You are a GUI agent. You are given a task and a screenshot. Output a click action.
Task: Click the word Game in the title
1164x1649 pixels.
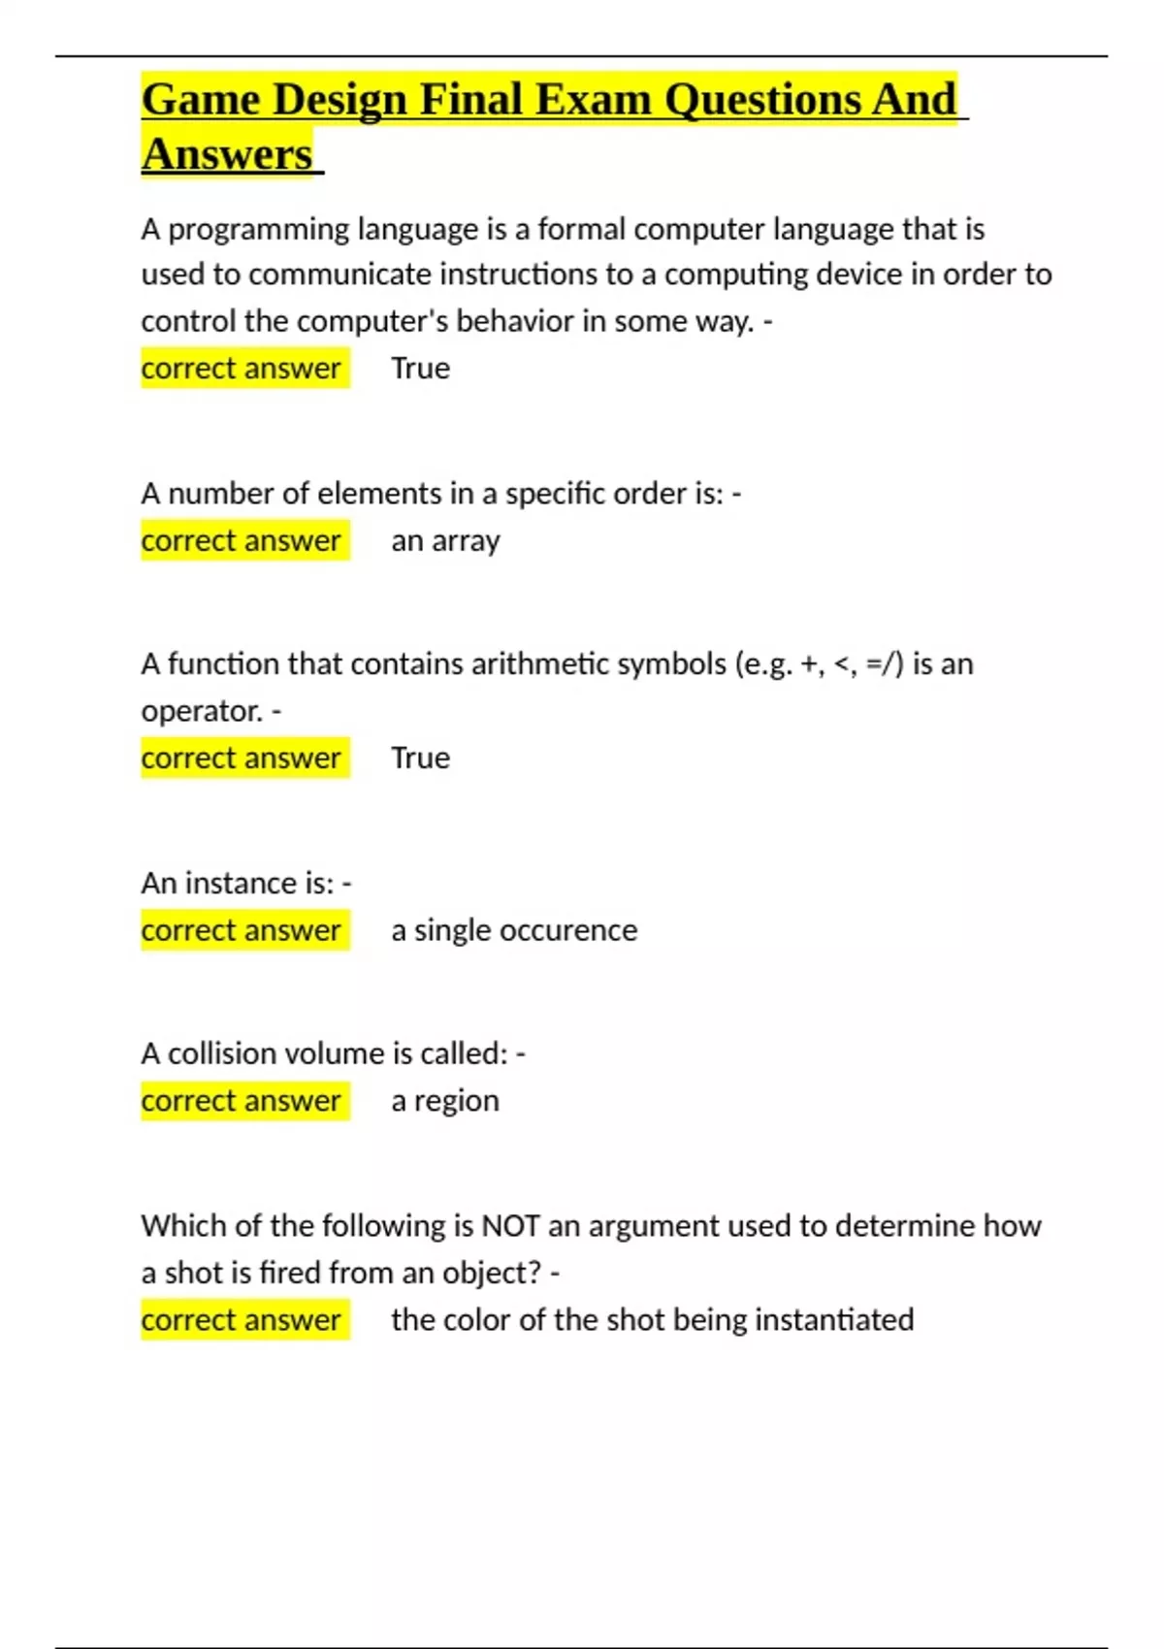[200, 100]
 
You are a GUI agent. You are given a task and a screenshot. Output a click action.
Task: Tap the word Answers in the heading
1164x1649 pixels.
[227, 155]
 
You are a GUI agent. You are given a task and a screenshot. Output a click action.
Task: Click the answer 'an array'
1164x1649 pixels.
[445, 541]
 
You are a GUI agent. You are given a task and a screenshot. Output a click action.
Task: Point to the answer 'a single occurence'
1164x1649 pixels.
[514, 930]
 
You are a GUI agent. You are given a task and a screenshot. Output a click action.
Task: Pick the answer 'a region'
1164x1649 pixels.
[445, 1101]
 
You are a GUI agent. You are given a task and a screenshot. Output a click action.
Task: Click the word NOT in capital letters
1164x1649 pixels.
[510, 1226]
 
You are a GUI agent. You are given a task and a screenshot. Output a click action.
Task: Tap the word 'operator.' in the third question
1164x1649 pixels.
[202, 711]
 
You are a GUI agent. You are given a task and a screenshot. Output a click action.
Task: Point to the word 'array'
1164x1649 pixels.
[466, 541]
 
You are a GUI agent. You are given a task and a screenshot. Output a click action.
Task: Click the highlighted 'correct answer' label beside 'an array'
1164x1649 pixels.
[241, 541]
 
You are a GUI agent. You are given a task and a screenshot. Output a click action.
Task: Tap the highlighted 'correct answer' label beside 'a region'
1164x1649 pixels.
[241, 1101]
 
